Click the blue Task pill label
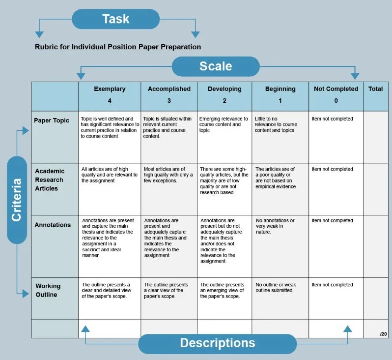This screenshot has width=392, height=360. point(116,19)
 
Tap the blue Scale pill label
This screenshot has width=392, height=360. point(215,66)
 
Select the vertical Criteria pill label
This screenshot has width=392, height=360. point(17,200)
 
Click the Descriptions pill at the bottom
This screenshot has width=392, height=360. point(217,343)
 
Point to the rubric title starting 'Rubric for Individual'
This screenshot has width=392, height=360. point(118,47)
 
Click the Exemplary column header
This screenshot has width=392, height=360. point(110,89)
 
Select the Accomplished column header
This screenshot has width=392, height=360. point(169,89)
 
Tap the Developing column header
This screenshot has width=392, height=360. point(224,89)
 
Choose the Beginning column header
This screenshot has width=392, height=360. point(280,89)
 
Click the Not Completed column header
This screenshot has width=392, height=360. point(336,89)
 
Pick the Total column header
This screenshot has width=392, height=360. point(375,89)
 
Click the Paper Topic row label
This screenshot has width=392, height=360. point(52,120)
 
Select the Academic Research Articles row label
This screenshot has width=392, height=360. point(49,180)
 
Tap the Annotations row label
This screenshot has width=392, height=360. point(53,225)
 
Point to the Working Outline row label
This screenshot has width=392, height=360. point(48,290)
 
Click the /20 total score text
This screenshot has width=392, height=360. point(383,334)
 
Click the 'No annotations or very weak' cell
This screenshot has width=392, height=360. point(275,226)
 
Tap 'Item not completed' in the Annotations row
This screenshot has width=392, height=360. point(333,221)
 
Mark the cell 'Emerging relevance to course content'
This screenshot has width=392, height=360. point(224,124)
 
